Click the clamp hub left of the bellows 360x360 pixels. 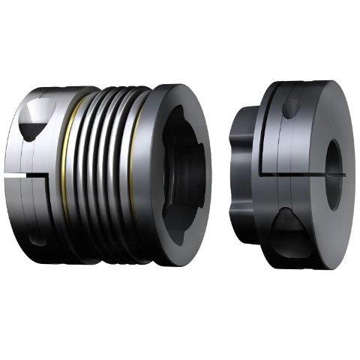(34, 180)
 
